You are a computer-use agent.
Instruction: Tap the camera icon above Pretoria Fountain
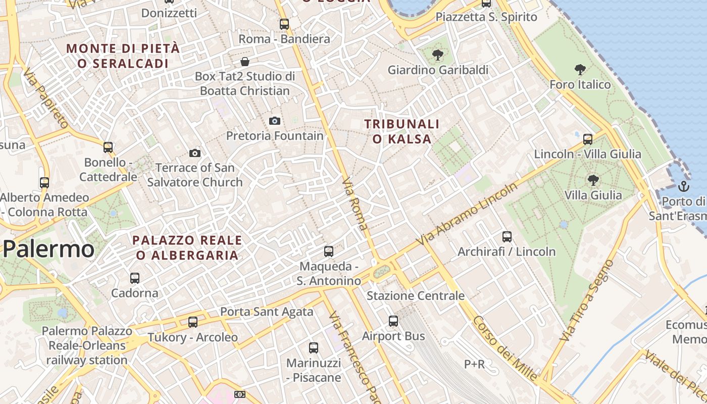(x=274, y=121)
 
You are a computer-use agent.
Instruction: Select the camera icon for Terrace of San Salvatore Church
(x=194, y=153)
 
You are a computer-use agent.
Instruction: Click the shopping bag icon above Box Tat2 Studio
(x=245, y=62)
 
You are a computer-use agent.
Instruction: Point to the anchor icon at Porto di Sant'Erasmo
(x=683, y=186)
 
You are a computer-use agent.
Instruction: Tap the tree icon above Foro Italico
(x=580, y=70)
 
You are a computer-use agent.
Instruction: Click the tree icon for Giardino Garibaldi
(x=437, y=55)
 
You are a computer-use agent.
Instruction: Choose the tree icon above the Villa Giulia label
(x=593, y=180)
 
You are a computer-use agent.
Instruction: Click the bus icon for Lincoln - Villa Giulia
(x=587, y=139)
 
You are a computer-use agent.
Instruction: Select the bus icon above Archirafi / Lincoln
(x=507, y=236)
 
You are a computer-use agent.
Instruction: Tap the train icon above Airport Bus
(x=393, y=321)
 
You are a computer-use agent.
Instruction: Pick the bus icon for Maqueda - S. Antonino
(x=329, y=251)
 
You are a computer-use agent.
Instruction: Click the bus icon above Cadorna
(x=134, y=278)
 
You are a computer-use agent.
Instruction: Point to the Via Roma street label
(x=356, y=204)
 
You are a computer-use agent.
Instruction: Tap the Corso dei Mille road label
(x=504, y=348)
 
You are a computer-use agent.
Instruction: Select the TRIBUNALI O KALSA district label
(x=402, y=131)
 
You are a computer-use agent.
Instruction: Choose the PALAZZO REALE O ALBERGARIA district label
(x=187, y=247)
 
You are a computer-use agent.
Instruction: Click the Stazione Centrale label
(x=416, y=296)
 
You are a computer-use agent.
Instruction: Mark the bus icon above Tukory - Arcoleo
(x=192, y=322)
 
